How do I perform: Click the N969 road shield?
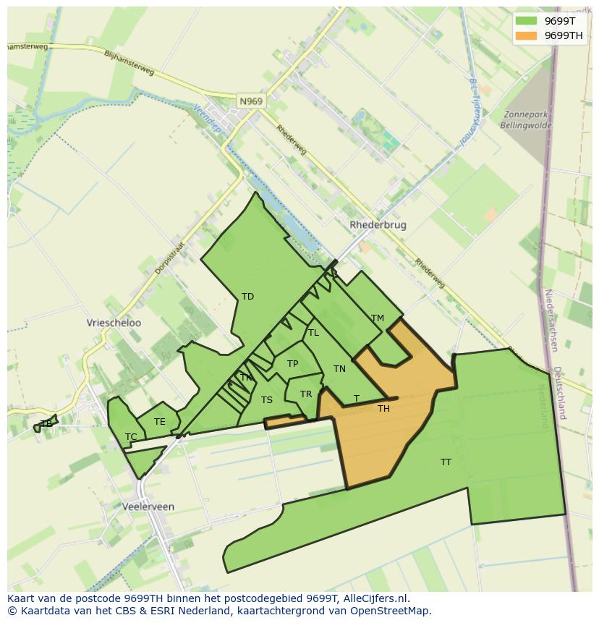251,101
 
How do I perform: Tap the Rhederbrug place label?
378,225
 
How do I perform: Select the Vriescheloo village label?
114,323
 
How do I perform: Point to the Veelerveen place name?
148,507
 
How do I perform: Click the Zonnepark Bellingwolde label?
526,119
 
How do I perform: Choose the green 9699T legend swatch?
526,21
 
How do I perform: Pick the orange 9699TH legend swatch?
526,35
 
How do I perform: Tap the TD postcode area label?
247,297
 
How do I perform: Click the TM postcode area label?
377,318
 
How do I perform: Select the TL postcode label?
313,333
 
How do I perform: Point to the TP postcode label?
292,364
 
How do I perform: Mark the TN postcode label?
339,369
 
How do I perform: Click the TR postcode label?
305,394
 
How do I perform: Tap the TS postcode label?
267,400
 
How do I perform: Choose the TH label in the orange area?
383,409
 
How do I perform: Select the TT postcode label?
446,462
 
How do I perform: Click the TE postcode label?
159,422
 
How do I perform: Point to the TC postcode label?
131,436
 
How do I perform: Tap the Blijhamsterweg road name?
129,62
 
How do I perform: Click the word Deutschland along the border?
558,393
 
